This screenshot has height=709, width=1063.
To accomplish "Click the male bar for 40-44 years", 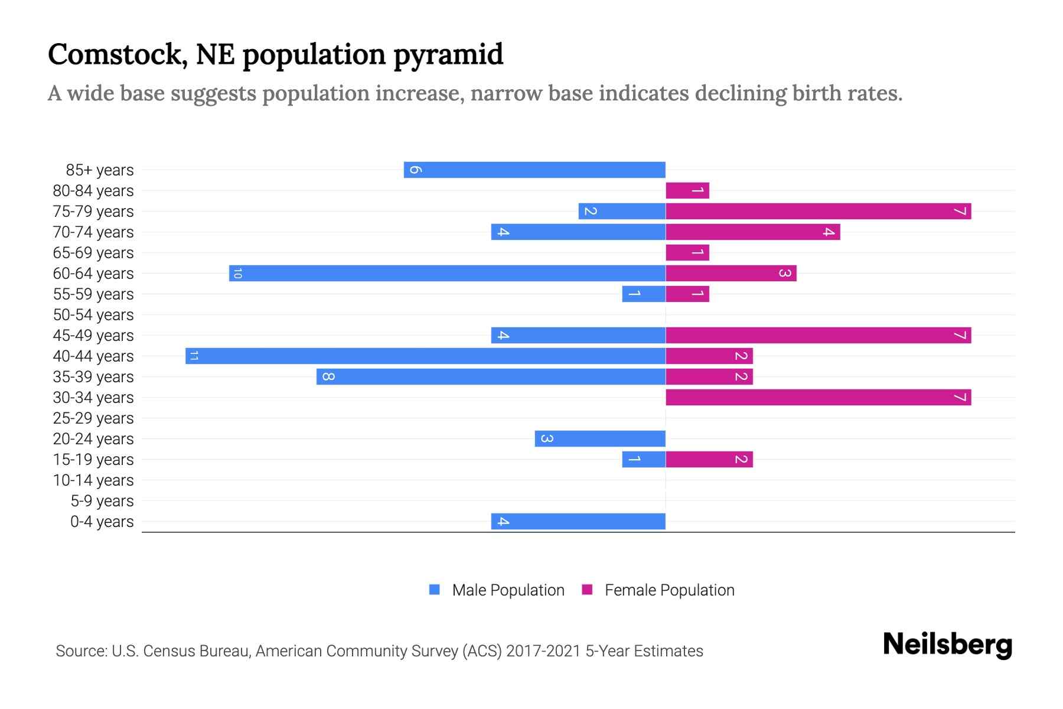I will click(425, 356).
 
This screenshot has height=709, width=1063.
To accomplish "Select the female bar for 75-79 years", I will click(818, 211).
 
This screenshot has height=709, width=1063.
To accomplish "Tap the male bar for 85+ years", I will click(534, 170).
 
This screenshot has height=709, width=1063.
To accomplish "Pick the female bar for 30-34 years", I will click(818, 397).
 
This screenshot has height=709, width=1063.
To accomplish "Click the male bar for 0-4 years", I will click(578, 521).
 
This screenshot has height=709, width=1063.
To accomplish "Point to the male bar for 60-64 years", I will click(447, 273).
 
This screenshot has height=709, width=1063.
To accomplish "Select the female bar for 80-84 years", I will click(687, 190).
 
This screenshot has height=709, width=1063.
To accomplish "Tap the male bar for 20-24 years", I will click(600, 438).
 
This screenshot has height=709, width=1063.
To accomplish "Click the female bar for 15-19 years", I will click(709, 459).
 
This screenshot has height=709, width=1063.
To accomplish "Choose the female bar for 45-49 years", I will click(818, 335).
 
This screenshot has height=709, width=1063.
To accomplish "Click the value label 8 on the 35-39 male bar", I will click(328, 377).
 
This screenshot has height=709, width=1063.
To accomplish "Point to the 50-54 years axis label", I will click(93, 315).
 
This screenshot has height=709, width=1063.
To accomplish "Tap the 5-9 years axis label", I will click(102, 501).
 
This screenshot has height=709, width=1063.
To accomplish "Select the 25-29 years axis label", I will click(93, 418).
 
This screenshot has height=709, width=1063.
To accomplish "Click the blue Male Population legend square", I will click(435, 590).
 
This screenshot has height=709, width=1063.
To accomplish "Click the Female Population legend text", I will click(669, 590).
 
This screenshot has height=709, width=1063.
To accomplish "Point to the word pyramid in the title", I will click(448, 56).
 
